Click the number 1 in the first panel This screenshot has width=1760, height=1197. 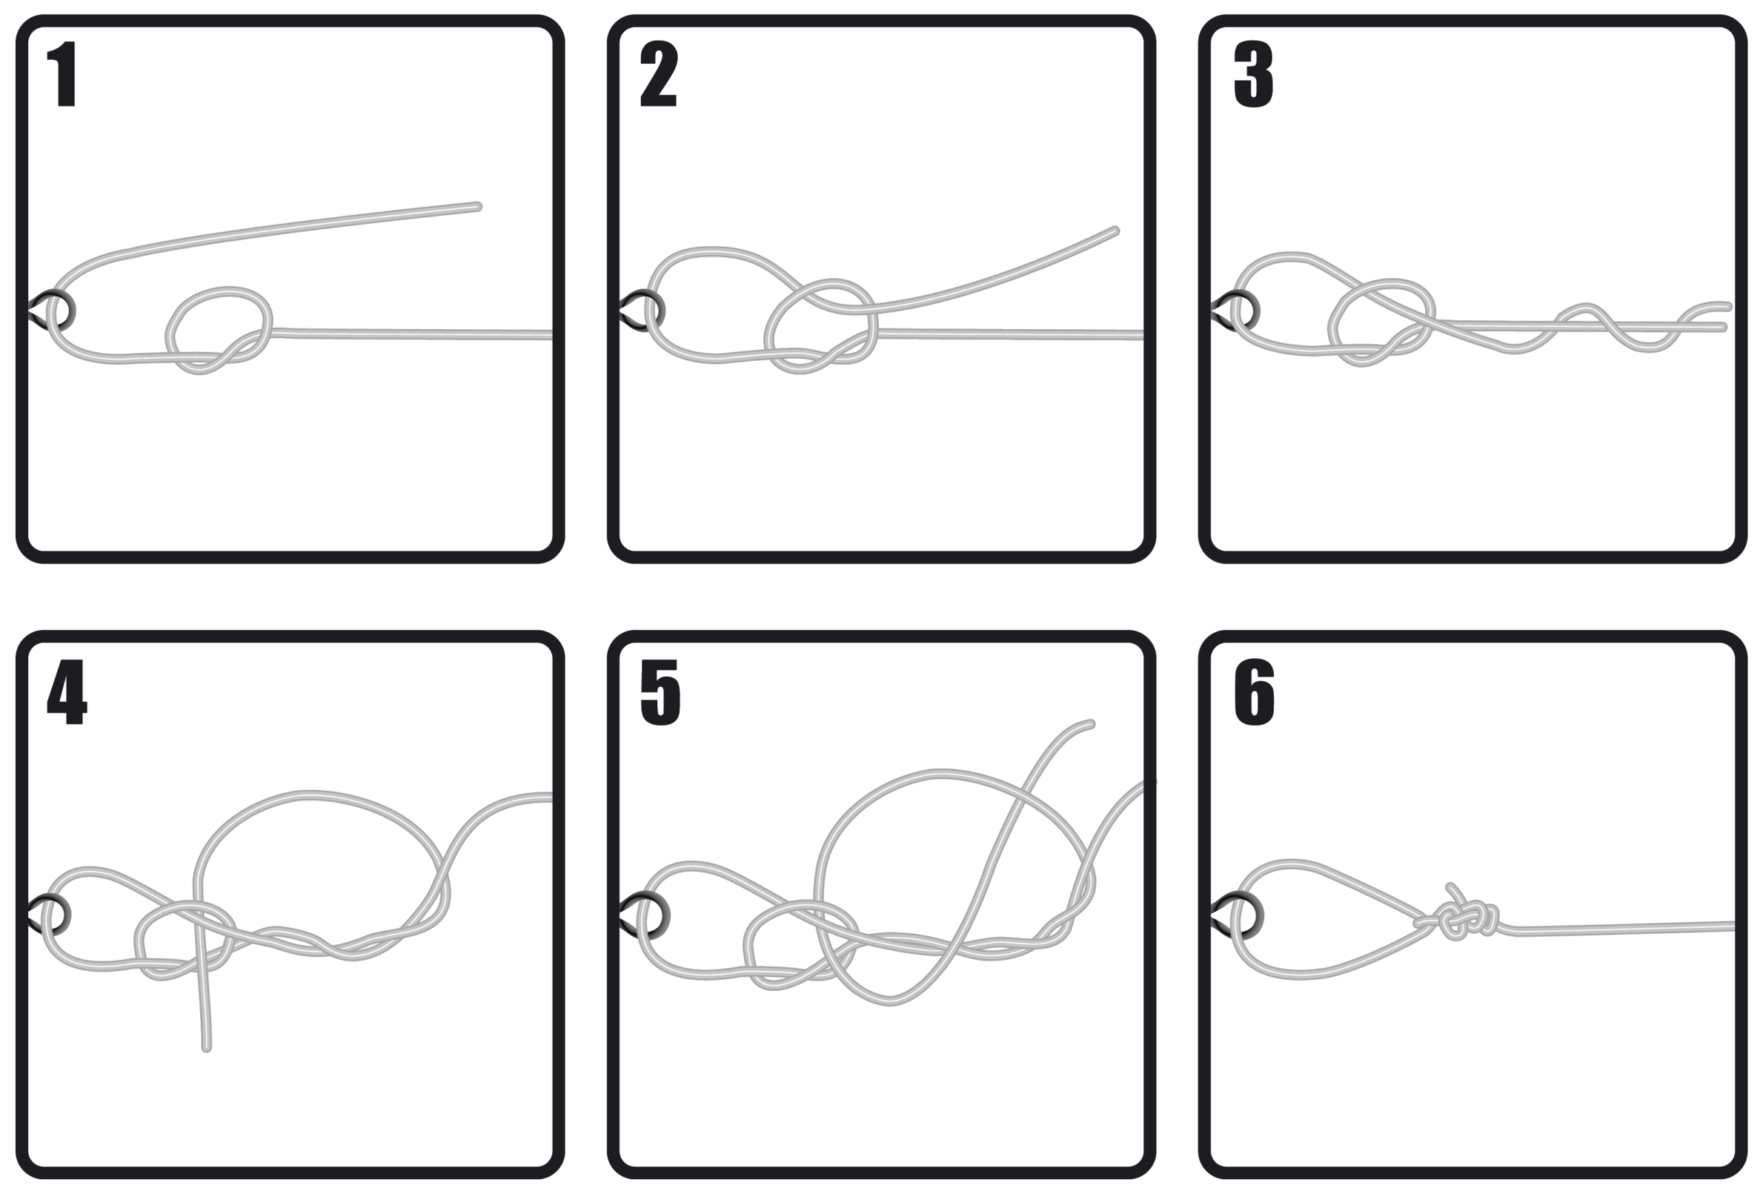point(64,74)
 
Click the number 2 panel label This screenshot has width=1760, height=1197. point(658,74)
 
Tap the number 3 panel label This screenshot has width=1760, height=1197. point(1253,74)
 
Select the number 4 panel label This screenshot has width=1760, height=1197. point(67,691)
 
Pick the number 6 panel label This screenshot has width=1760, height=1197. point(1254,691)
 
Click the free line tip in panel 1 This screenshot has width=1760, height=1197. point(478,206)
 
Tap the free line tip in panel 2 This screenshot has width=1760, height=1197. point(1116,230)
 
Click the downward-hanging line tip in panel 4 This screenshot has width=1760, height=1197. point(207,1048)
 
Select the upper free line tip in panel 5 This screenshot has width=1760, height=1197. point(1090,724)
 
